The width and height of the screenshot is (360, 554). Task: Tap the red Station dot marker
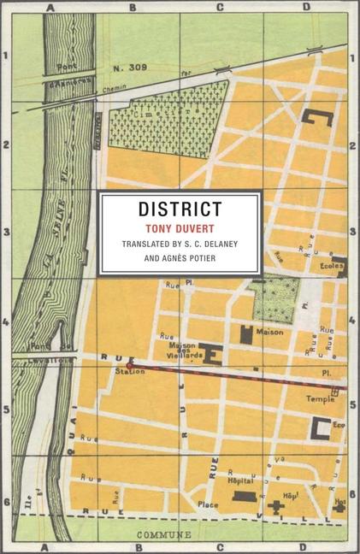point(129,366)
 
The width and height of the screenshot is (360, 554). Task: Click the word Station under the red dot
point(129,377)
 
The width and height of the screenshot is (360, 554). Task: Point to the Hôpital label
point(243,481)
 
